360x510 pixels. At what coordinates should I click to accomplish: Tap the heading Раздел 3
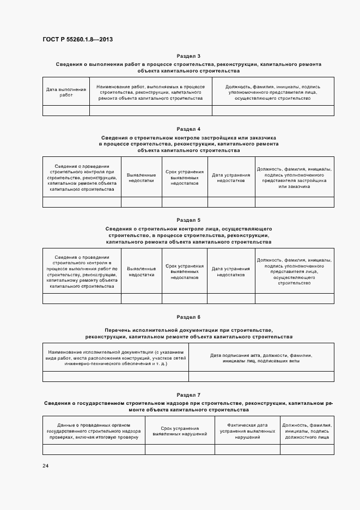pyautogui.click(x=188, y=56)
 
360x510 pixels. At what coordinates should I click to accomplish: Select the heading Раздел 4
pyautogui.click(x=188, y=129)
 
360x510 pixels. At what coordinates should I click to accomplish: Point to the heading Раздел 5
pyautogui.click(x=188, y=220)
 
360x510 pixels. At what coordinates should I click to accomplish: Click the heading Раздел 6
pyautogui.click(x=188, y=317)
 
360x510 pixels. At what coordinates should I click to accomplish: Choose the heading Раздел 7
pyautogui.click(x=188, y=394)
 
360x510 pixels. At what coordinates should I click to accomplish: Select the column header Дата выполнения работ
pyautogui.click(x=66, y=92)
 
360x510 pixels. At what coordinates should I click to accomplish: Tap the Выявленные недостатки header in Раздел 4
pyautogui.click(x=141, y=177)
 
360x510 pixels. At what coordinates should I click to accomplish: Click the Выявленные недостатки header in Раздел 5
pyautogui.click(x=141, y=271)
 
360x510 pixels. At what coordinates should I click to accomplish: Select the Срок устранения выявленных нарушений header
pyautogui.click(x=180, y=431)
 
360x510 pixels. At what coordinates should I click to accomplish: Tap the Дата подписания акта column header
pyautogui.click(x=261, y=358)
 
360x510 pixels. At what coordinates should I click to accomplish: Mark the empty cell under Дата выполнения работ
pyautogui.click(x=66, y=111)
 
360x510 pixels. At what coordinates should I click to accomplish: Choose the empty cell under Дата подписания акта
pyautogui.click(x=261, y=377)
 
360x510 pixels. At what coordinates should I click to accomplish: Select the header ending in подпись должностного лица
pyautogui.click(x=307, y=431)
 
